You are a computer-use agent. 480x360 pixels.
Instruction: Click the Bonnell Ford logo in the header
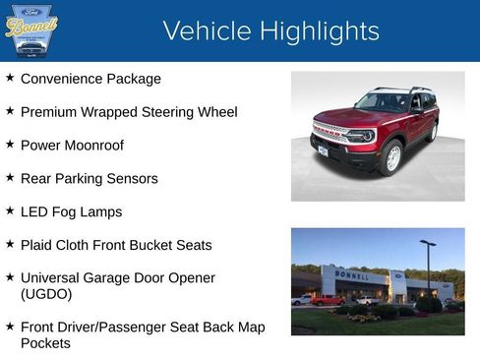(31, 30)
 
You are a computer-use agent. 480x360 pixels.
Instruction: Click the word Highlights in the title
(316, 31)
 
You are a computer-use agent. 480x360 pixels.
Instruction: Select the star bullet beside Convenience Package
(10, 77)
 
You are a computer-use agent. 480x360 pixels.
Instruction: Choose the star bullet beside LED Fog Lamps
(10, 210)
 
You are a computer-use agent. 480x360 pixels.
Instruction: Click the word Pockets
(46, 343)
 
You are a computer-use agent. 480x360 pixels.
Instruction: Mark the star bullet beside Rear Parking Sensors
(10, 177)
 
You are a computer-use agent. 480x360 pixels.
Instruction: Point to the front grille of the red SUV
(331, 135)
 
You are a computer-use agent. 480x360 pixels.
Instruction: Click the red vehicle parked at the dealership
(328, 300)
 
